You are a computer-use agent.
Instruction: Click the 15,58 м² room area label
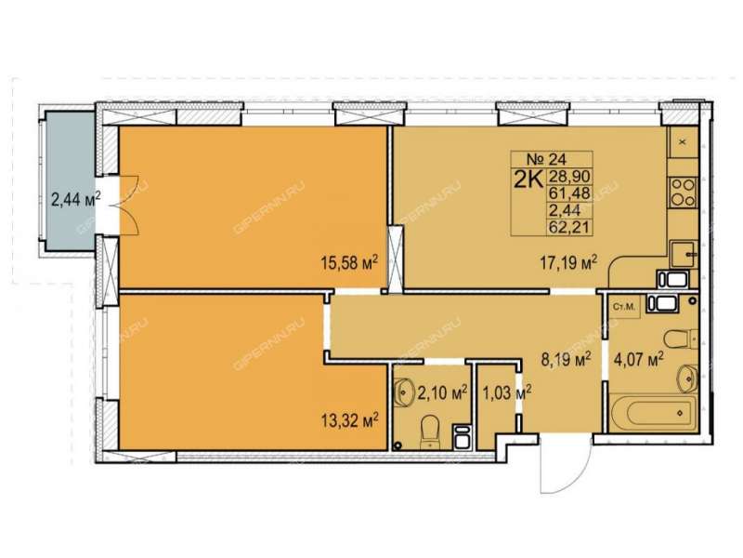tap(349, 262)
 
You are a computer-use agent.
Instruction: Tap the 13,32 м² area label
tap(349, 420)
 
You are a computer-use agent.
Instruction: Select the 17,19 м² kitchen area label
tap(568, 261)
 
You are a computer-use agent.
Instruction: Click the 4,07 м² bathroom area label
tap(638, 359)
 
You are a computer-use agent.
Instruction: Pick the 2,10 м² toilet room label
tap(442, 392)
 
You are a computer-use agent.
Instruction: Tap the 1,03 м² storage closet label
tap(506, 392)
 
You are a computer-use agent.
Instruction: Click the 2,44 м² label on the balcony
tap(76, 199)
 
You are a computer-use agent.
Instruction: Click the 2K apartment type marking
tap(528, 180)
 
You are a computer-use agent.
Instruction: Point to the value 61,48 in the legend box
tap(569, 193)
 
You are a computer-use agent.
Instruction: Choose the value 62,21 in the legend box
tap(569, 227)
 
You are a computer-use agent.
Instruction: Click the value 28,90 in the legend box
tap(569, 177)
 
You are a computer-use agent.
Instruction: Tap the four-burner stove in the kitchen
tap(683, 193)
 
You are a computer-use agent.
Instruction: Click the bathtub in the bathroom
tap(654, 412)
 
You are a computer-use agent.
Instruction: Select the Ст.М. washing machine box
tap(623, 307)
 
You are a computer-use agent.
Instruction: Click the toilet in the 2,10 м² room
tap(430, 431)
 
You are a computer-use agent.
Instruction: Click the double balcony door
tap(127, 205)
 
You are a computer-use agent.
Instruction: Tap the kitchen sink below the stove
tap(684, 254)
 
